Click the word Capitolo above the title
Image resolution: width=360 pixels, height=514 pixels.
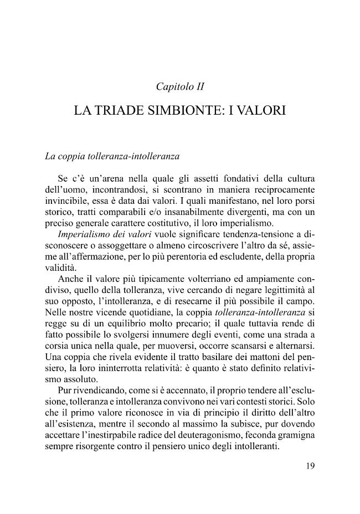click(173, 86)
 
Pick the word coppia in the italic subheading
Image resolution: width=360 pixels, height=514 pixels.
click(75, 156)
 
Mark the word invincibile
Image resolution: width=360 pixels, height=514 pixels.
click(65, 201)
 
